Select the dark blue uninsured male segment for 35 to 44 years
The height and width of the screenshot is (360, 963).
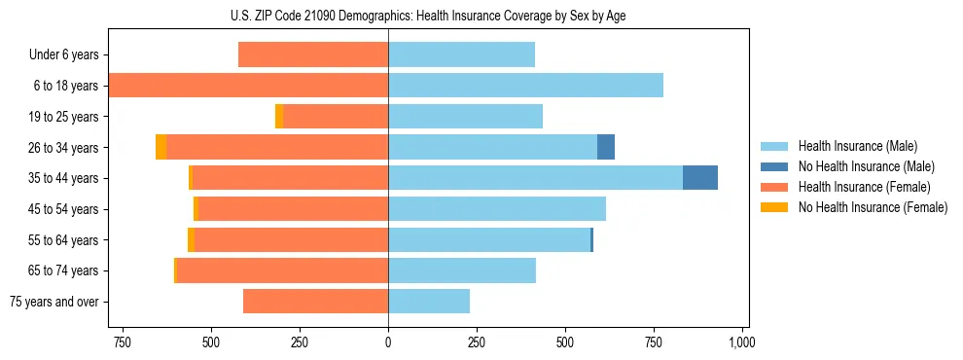699,178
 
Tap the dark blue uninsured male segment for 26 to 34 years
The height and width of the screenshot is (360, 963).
605,147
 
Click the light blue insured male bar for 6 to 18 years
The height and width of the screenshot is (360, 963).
525,86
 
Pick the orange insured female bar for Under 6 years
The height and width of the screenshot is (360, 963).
313,54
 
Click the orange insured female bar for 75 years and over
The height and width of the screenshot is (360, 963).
315,302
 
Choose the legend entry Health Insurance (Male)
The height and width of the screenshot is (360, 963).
857,146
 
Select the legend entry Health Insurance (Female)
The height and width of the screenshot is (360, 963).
863,187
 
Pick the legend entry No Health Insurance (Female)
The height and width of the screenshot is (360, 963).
873,207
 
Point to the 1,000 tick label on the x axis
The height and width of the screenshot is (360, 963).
742,342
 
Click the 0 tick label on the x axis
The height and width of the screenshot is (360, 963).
388,342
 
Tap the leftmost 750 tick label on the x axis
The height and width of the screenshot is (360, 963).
123,342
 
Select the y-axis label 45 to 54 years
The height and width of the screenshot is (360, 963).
64,209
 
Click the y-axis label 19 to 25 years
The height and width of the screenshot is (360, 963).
64,117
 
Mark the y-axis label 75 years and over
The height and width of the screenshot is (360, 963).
54,302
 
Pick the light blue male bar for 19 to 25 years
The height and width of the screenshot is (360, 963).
465,117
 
